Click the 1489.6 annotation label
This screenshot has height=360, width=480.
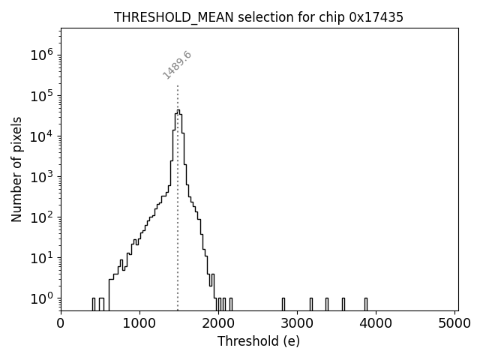[x=178, y=65]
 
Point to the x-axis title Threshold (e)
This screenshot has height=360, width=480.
[x=259, y=341]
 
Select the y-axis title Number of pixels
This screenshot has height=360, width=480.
[x=16, y=169]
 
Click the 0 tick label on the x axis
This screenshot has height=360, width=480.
[x=61, y=323]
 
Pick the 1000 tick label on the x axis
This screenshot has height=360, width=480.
[x=139, y=323]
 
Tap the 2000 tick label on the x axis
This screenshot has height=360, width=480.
[x=219, y=323]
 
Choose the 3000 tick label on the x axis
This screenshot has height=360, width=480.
[x=298, y=323]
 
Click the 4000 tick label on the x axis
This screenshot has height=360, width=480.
[x=377, y=323]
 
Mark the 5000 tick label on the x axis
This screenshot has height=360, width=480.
[x=456, y=323]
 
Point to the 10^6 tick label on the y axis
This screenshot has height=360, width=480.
[x=42, y=55]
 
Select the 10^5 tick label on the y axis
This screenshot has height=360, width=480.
[x=42, y=95]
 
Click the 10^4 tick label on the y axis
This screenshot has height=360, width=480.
[x=42, y=136]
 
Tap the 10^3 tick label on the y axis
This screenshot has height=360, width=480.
[x=42, y=176]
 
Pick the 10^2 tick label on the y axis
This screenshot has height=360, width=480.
[x=42, y=217]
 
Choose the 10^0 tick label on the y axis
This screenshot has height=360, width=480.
[x=42, y=298]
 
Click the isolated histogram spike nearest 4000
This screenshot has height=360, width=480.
[x=366, y=304]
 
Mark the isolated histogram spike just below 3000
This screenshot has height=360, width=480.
[x=283, y=304]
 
